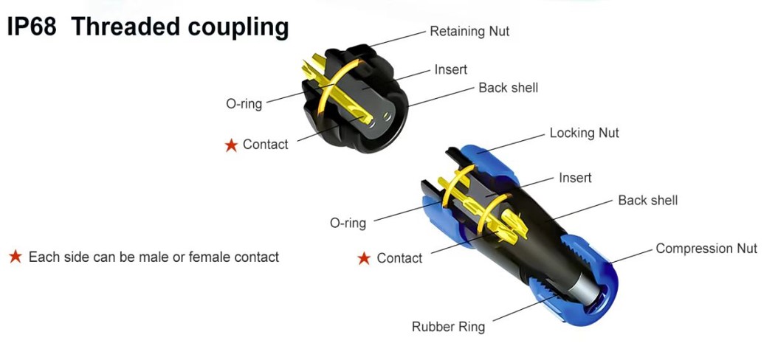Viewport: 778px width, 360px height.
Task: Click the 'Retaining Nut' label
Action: (469, 32)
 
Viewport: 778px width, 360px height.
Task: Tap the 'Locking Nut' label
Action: (584, 134)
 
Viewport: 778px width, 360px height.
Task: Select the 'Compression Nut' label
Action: (706, 249)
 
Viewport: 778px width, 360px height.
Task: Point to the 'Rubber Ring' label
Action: (448, 326)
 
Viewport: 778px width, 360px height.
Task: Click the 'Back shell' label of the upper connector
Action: (508, 88)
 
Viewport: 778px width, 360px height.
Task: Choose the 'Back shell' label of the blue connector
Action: (647, 200)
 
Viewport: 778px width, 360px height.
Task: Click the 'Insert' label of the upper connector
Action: (450, 69)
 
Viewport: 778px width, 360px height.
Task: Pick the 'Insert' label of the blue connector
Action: (575, 178)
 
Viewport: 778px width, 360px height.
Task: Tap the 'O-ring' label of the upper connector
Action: (244, 104)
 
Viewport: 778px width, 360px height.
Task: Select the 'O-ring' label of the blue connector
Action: (348, 223)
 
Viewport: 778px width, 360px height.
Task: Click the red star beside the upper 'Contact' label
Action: (231, 145)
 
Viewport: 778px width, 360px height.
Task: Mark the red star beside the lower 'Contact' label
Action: (364, 259)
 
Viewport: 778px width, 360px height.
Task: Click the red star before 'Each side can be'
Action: (15, 257)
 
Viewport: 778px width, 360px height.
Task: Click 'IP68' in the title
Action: (32, 27)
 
